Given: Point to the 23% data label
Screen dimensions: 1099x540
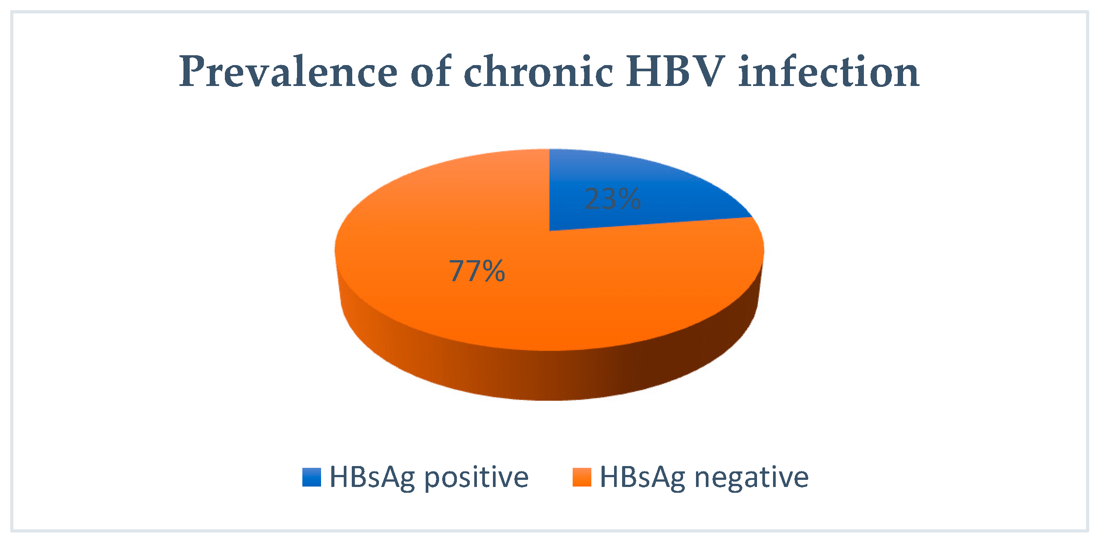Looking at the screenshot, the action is coord(613,199).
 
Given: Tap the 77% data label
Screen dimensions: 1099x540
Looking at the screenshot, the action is coord(477,271).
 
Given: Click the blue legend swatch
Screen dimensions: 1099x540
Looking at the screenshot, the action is coord(312,477).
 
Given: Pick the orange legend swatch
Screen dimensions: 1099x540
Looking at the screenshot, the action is coord(582,477).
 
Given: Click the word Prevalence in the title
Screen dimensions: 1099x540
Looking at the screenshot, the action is coord(289,71).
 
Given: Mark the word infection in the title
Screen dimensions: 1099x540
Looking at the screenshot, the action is coord(829,71).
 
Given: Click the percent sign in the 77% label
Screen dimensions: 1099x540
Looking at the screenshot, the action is coord(493,271).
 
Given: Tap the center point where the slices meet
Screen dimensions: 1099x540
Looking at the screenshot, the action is coord(549,231).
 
